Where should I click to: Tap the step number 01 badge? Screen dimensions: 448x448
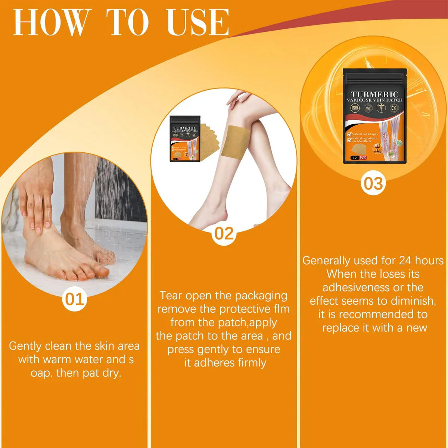[75, 299]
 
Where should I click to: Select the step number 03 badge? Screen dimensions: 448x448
[373, 184]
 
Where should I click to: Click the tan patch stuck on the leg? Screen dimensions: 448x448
[236, 141]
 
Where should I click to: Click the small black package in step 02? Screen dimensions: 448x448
[184, 139]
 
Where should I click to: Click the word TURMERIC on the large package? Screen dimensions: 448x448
[374, 94]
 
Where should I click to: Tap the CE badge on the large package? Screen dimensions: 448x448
[394, 108]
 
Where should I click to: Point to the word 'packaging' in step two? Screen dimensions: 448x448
[261, 296]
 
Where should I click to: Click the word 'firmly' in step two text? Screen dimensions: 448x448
[248, 363]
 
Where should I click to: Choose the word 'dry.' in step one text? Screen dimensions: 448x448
[111, 373]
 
